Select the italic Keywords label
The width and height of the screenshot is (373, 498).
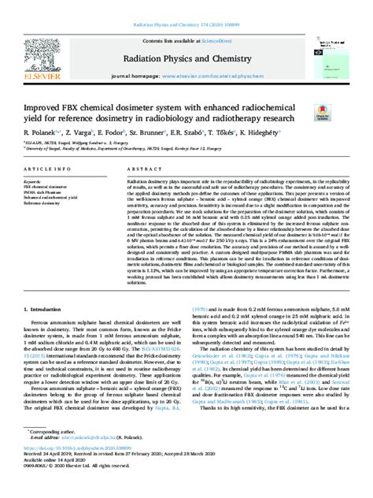click(35, 182)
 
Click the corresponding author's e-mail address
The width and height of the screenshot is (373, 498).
click(90, 463)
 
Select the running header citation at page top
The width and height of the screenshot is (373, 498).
click(186, 5)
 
